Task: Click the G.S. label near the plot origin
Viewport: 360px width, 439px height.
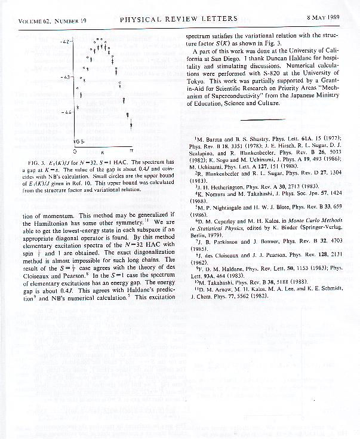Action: [78, 141]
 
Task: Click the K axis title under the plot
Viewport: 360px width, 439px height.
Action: [102, 153]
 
